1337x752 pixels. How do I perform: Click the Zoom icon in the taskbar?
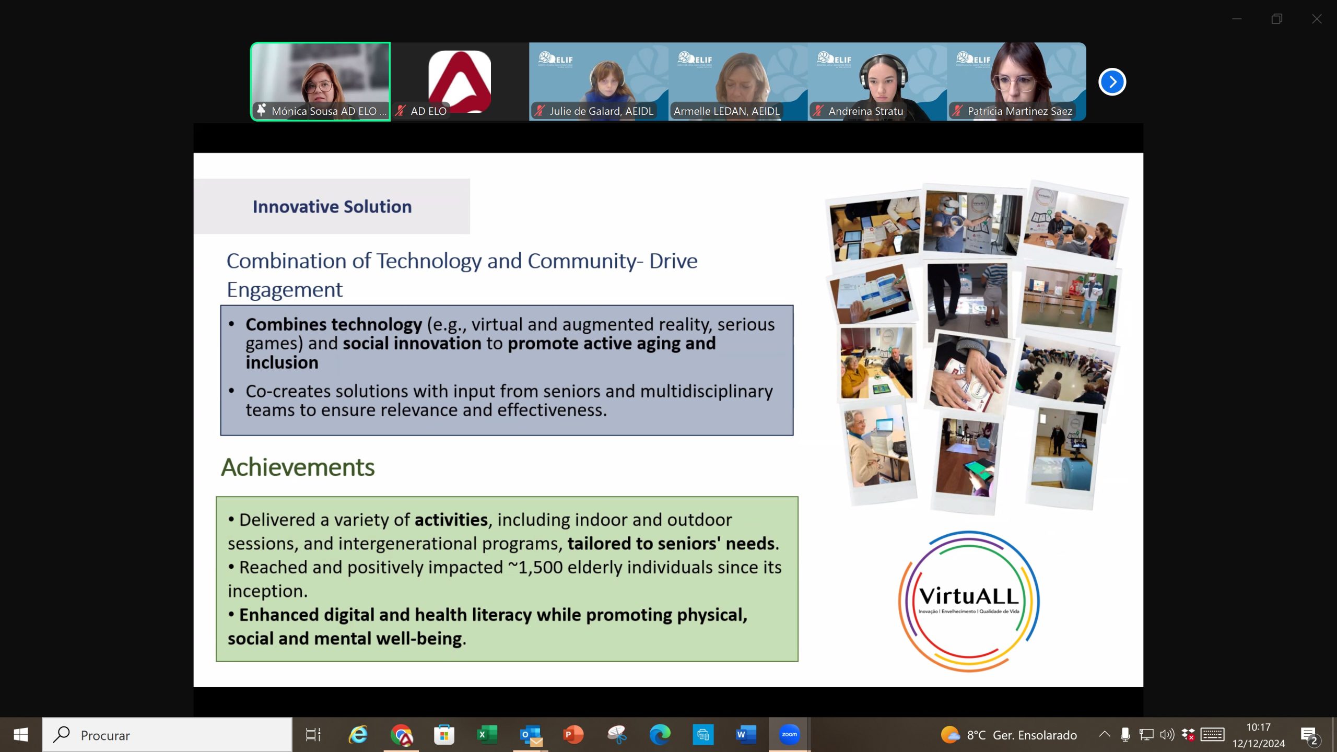789,735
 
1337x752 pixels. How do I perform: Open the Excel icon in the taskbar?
487,735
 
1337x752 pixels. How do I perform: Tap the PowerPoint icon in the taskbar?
573,735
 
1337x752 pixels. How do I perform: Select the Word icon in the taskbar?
746,735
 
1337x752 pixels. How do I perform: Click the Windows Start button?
21,735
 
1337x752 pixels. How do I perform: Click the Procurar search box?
167,735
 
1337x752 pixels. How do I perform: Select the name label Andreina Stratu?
865,111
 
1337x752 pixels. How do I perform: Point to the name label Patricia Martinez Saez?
1019,111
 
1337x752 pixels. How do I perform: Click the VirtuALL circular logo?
969,601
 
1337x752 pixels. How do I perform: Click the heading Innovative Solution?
332,207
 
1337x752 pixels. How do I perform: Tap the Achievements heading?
298,467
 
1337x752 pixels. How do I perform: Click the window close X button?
1317,19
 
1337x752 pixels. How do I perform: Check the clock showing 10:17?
1258,727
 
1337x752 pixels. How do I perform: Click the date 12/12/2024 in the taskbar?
1258,744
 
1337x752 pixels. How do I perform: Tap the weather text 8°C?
976,735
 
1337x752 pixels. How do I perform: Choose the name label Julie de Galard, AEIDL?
601,111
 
